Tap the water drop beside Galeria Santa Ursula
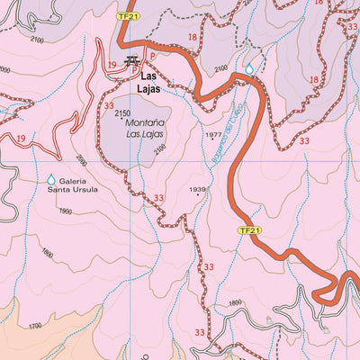[51, 180]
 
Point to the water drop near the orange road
[249, 67]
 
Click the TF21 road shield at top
[130, 16]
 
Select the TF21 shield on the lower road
[250, 230]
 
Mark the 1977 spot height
[213, 136]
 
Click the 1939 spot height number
[198, 190]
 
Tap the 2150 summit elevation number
[122, 112]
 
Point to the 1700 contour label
[35, 326]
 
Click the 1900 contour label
[64, 211]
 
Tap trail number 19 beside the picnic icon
[111, 65]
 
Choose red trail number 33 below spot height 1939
[209, 267]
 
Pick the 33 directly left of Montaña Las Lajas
[108, 106]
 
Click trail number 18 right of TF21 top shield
[192, 37]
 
